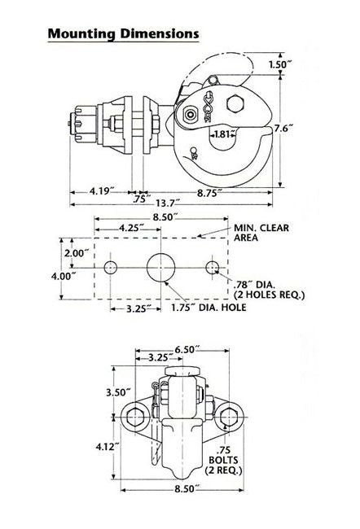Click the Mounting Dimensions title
click(x=123, y=33)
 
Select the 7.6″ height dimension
click(x=283, y=129)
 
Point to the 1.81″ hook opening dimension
click(x=222, y=134)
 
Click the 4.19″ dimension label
click(x=100, y=191)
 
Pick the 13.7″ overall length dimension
click(x=168, y=203)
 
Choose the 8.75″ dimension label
click(x=209, y=193)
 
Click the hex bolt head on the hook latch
click(x=235, y=103)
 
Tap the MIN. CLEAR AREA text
click(x=261, y=233)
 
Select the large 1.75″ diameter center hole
click(x=161, y=267)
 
